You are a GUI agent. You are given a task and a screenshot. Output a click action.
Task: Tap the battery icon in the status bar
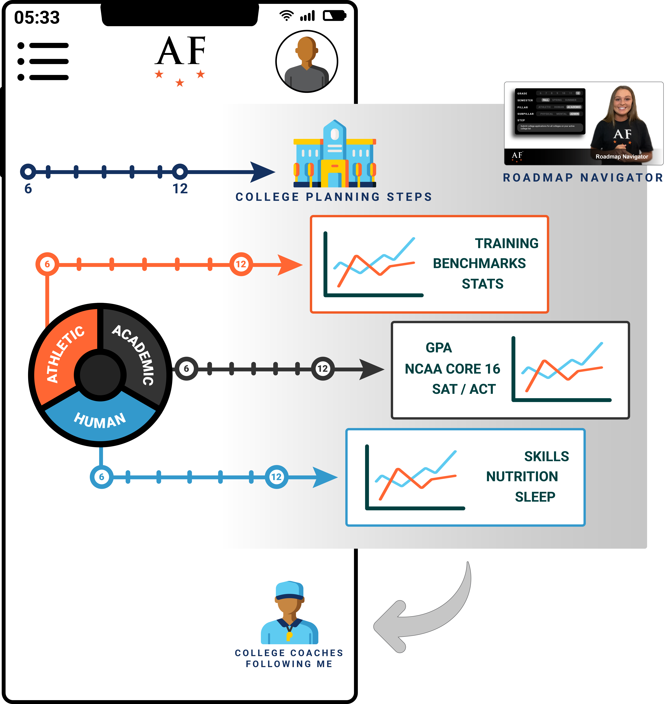click(334, 16)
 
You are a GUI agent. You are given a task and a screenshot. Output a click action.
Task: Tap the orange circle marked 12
click(241, 264)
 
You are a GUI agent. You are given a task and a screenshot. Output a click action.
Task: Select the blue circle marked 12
click(277, 477)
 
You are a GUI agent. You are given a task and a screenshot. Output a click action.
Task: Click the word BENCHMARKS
click(479, 263)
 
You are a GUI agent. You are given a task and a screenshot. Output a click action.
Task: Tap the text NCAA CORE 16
click(452, 369)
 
